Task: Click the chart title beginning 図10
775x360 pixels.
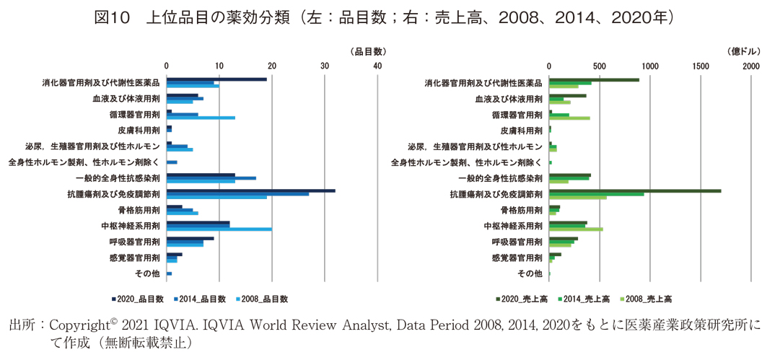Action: tap(387, 15)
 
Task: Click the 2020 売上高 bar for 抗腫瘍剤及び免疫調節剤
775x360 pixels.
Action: tap(635, 190)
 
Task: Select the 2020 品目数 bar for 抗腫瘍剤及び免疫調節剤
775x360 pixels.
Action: tap(250, 190)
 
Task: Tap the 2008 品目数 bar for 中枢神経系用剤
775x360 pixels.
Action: tap(219, 229)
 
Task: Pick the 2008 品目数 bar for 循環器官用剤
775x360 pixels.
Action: tap(201, 118)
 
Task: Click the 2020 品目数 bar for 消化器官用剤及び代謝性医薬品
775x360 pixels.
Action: tap(216, 79)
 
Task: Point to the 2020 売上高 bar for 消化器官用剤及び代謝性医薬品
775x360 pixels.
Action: tap(594, 79)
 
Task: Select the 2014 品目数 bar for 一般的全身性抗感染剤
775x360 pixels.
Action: tap(211, 177)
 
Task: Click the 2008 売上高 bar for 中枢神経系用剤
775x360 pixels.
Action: tap(576, 229)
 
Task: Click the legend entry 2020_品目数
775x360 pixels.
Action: tap(137, 299)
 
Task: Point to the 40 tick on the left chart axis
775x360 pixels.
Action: tap(377, 66)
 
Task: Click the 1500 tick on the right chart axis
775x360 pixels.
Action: tap(700, 66)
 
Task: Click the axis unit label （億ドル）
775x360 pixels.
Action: tap(743, 52)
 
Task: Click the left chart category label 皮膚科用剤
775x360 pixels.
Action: tap(139, 131)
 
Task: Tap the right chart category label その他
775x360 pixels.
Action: tap(530, 273)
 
